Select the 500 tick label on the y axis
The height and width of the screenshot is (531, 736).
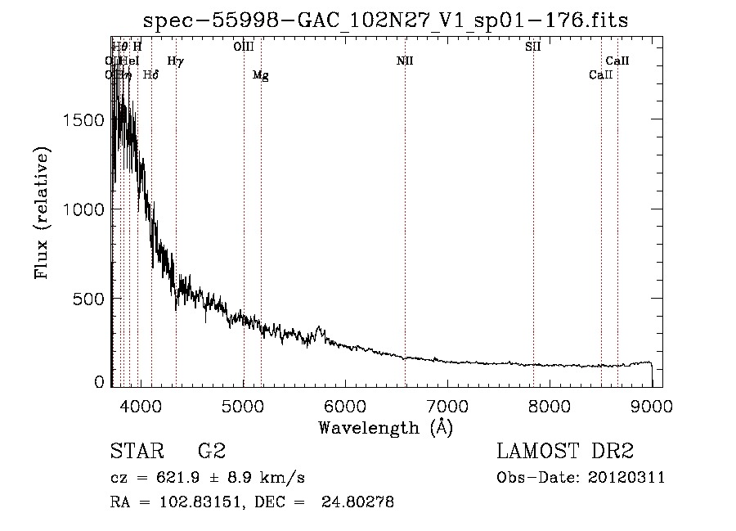91,299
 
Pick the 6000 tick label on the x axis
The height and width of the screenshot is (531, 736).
345,403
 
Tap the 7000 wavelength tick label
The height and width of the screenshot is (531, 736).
447,403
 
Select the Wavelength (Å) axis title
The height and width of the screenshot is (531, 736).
385,427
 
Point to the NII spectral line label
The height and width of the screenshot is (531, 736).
405,61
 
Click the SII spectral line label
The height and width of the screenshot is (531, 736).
532,47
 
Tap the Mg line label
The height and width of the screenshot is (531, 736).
260,75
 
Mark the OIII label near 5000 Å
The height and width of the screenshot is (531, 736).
244,47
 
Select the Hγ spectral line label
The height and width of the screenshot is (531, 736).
175,61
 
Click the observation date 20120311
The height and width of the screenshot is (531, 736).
626,478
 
